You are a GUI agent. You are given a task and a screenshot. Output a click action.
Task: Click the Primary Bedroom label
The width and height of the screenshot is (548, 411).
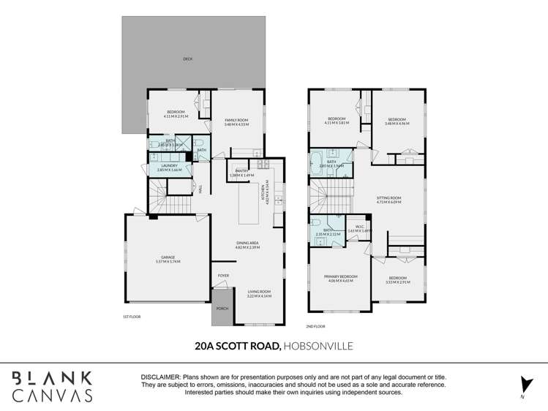tap(339, 277)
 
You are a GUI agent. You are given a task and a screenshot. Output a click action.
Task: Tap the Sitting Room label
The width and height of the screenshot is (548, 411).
tap(389, 198)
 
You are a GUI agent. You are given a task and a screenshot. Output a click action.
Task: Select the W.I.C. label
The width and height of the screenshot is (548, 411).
tap(360, 227)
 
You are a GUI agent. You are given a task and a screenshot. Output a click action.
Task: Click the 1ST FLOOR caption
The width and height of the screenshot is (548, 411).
tap(132, 317)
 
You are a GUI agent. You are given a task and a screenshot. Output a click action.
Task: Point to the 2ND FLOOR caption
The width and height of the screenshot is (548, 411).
tap(316, 326)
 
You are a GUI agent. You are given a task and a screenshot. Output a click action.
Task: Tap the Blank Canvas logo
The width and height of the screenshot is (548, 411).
tap(51, 387)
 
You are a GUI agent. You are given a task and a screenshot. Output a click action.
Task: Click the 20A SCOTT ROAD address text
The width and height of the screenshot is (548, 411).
tap(237, 346)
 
